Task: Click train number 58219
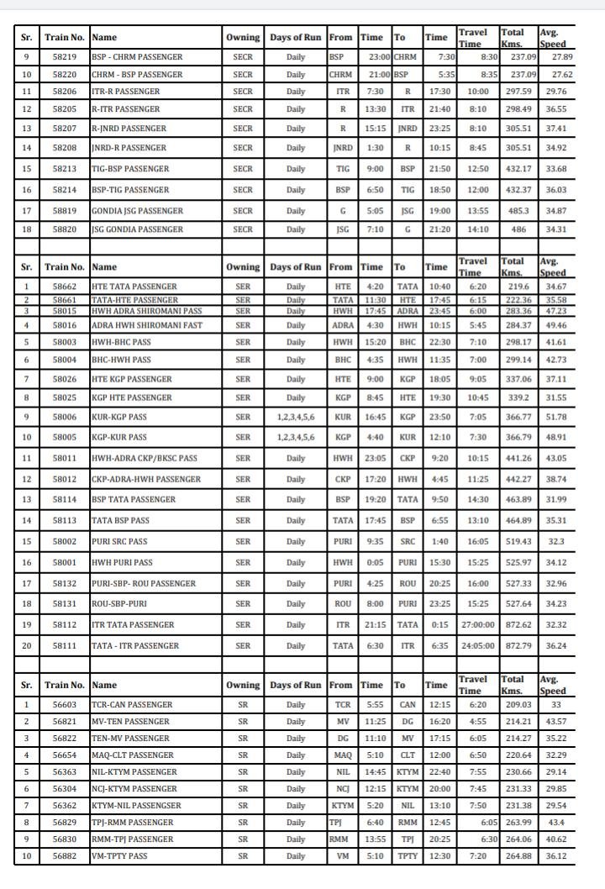tap(65, 56)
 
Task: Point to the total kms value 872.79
tap(516, 645)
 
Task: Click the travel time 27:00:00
tap(477, 625)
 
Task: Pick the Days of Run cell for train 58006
tap(295, 417)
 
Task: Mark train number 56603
tap(65, 704)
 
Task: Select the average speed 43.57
tap(555, 722)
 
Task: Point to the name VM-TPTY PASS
tap(118, 857)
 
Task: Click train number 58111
tap(65, 645)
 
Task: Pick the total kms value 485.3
tap(516, 210)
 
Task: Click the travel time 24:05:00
tap(477, 645)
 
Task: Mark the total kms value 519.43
tap(516, 542)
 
